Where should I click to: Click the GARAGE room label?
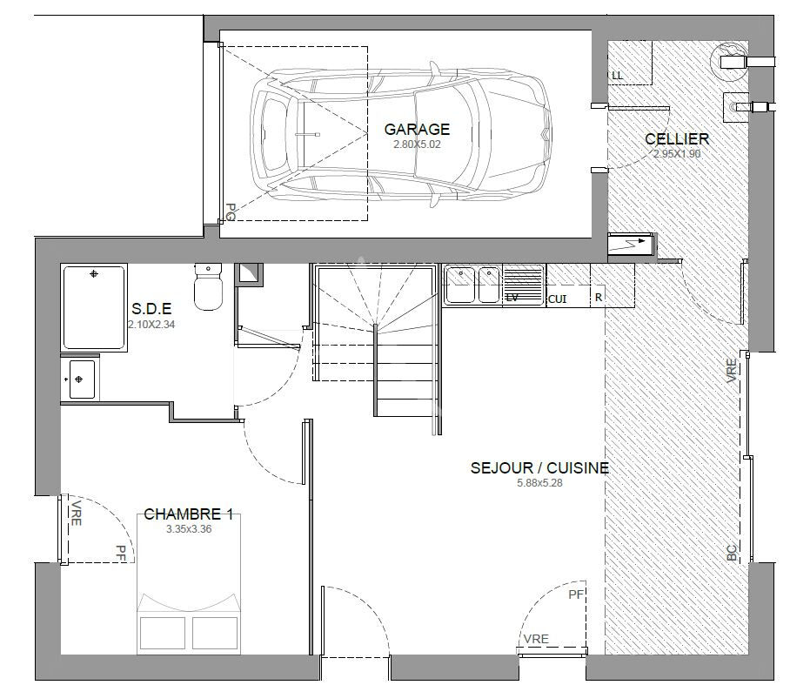pos(417,130)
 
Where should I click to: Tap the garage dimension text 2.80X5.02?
pos(417,144)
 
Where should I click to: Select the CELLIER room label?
pos(677,138)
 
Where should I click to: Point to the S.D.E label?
pos(151,308)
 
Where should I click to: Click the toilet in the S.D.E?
pos(208,285)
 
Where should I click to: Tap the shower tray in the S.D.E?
pos(94,307)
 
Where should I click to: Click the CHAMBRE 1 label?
pos(189,514)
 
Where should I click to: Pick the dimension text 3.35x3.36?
pos(189,529)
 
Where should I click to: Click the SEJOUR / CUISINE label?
pos(539,467)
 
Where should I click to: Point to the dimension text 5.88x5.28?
pos(539,483)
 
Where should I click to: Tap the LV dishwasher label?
pos(512,299)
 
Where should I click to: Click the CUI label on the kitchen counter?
pos(557,299)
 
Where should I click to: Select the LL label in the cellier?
pos(617,76)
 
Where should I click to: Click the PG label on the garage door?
pos(231,212)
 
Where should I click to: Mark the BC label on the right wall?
pos(732,553)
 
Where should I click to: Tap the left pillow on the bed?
pos(162,633)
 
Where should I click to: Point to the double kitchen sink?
pos(472,285)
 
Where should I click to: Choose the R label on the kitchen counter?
pos(599,298)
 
